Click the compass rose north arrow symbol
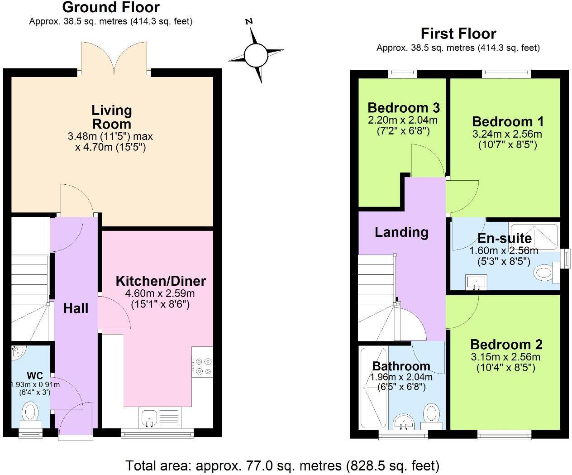pos(256,55)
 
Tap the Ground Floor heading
pos(111,7)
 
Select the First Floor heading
pos(458,34)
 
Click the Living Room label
pos(111,117)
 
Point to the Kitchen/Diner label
pos(161,281)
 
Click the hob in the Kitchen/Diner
pos(202,366)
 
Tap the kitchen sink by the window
pos(149,417)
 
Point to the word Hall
pos(76,308)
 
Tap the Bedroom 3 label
pos(403,108)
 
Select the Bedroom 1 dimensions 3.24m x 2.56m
pos(507,134)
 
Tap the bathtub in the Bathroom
pos(373,388)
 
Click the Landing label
pos(401,232)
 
